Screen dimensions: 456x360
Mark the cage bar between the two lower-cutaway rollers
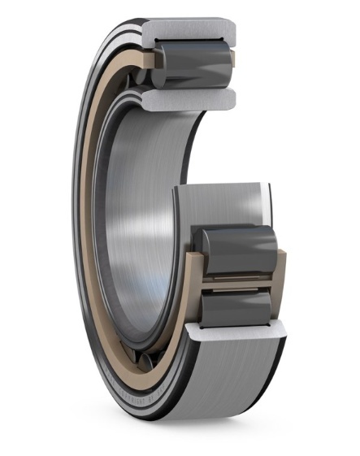[235, 276]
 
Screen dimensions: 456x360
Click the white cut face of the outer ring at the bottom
[236, 332]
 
